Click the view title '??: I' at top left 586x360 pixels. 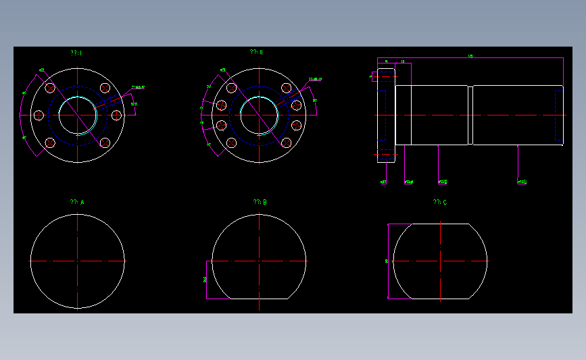[76, 53]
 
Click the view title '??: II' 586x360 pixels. [256, 52]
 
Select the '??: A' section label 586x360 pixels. [77, 202]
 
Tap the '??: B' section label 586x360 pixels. [260, 202]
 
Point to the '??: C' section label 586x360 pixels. [440, 202]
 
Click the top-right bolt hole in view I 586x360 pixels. [105, 88]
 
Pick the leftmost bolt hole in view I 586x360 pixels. [39, 115]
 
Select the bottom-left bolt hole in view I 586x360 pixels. [51, 143]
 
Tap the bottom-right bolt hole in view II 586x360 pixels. [287, 143]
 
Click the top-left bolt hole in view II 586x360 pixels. [232, 88]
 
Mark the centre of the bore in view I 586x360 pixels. [78, 115]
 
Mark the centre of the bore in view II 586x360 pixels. [259, 115]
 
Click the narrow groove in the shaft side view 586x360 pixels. [470, 115]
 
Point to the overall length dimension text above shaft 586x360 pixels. [469, 56]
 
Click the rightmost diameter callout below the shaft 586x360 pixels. [522, 182]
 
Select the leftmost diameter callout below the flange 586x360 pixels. [383, 182]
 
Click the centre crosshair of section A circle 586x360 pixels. [78, 261]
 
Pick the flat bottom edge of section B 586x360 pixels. [259, 299]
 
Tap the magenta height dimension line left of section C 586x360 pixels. [387, 261]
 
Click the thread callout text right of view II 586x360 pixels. [315, 80]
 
